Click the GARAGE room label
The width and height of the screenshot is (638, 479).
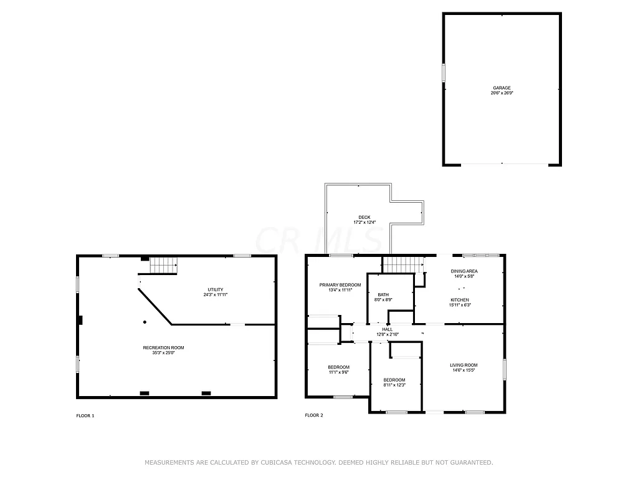[502, 88]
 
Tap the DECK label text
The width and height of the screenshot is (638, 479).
[364, 217]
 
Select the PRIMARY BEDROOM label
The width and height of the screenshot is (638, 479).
[340, 285]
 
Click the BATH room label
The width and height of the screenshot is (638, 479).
[383, 294]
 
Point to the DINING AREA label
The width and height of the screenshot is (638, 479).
[464, 271]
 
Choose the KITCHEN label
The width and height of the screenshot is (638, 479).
[460, 300]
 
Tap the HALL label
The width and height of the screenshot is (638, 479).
[388, 329]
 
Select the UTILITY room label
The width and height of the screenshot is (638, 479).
[216, 289]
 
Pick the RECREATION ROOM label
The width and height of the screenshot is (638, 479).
[163, 347]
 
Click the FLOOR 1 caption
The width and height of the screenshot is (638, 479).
[85, 415]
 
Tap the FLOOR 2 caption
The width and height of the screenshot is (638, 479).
[313, 415]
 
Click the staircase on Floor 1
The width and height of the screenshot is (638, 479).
[163, 265]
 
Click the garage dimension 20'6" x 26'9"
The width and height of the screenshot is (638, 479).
[502, 93]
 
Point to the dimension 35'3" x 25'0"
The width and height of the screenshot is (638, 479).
[163, 352]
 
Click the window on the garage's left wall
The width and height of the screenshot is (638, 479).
[444, 72]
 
